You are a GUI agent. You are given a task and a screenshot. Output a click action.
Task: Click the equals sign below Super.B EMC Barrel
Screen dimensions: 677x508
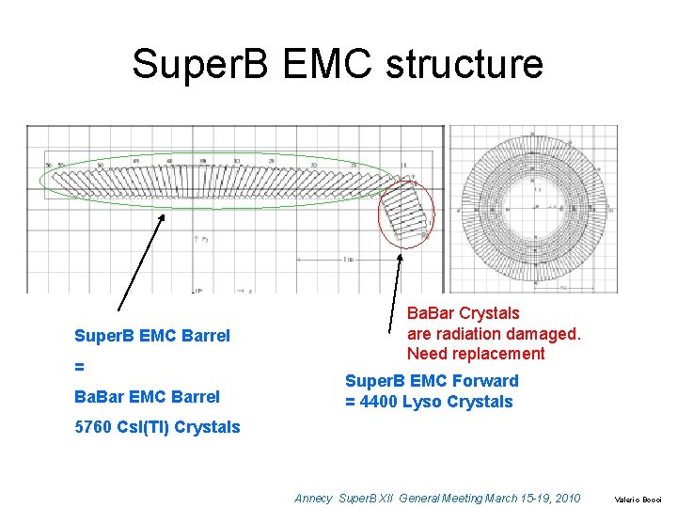(x=79, y=366)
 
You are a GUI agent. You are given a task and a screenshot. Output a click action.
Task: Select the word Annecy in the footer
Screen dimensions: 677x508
(x=313, y=498)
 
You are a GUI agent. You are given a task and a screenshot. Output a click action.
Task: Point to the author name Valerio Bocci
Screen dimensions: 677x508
(x=638, y=500)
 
